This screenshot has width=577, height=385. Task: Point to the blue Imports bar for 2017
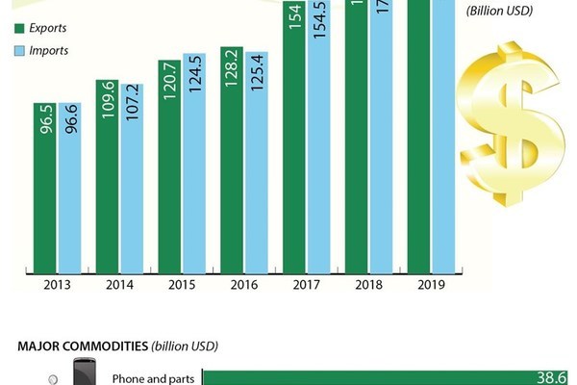point(319,144)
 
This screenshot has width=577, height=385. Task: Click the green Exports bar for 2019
point(419,144)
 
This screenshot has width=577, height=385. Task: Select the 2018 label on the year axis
point(370,285)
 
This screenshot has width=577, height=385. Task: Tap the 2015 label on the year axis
point(182,285)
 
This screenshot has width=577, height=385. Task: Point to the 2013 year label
point(57,285)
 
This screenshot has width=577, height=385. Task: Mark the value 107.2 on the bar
point(132,115)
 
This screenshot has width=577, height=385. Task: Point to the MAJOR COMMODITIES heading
point(116,345)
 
